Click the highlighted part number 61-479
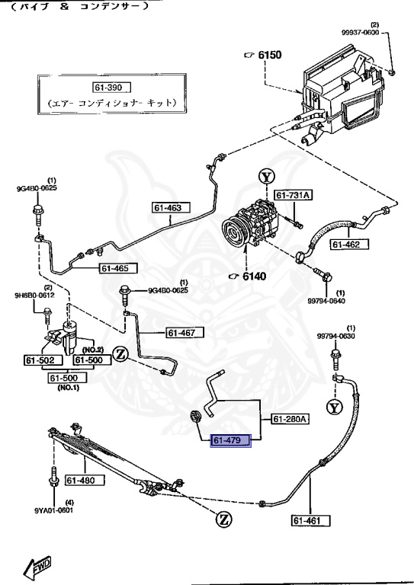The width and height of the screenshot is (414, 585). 231,442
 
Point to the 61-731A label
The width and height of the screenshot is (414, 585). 294,196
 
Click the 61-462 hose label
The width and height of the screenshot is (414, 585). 350,245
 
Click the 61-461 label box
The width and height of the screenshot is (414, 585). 311,521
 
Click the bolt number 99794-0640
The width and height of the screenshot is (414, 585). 336,300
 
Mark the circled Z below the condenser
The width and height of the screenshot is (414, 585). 224,519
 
